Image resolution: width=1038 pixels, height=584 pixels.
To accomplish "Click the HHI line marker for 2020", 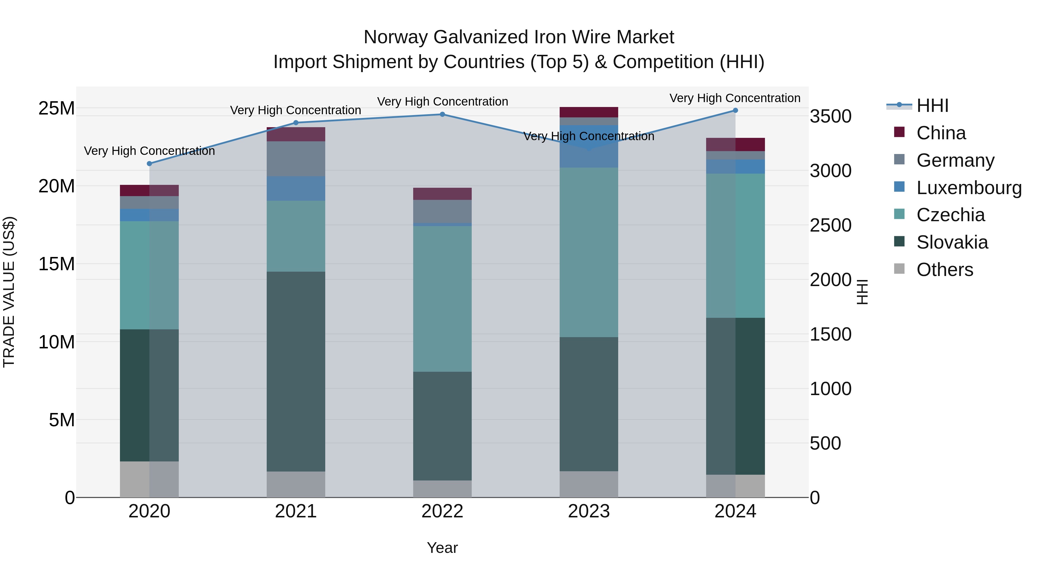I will coord(149,164).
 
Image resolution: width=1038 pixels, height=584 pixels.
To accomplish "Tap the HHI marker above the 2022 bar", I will coord(442,114).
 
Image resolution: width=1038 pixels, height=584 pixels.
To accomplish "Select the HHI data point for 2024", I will coord(735,110).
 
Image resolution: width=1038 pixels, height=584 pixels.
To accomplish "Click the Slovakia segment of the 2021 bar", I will coord(296,371).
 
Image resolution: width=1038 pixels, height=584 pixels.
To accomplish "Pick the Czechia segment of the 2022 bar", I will coord(442,298).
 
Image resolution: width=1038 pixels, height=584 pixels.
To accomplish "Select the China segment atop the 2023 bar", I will coord(589,112).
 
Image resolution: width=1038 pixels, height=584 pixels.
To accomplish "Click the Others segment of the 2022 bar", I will coord(442,489).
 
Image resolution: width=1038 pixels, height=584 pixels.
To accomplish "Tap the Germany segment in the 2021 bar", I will coord(296,158).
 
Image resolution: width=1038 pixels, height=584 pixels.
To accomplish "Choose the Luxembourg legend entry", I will coord(969,188).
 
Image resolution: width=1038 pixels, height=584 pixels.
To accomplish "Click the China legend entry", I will coord(941,133).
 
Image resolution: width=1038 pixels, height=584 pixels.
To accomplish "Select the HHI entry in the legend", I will coord(932,106).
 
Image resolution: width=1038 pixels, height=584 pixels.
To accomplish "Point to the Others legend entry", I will coord(945,270).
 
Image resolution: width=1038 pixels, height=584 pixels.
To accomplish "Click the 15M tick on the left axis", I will coord(57,264).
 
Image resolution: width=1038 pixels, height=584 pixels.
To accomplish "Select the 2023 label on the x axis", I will coord(589,511).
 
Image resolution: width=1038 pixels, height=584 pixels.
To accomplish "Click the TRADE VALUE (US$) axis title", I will coord(9,292).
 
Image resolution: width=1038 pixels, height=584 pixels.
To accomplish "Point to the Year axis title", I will coord(442,548).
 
